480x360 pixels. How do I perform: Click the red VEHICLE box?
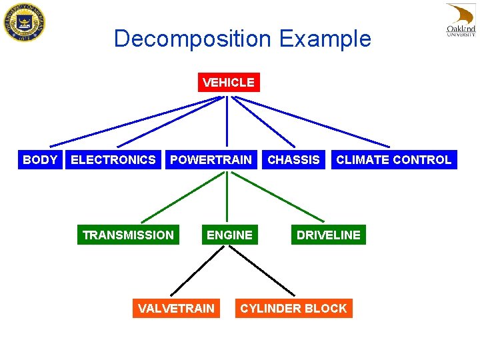point(229,83)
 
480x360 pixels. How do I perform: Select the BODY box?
point(40,160)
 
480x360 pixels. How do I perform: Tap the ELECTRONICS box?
point(113,160)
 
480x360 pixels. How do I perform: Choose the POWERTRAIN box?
point(211,160)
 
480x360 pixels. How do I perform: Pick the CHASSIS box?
point(293,160)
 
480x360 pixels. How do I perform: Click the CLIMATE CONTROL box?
point(393,160)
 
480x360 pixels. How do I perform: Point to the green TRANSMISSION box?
point(128,235)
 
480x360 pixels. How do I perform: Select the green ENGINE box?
point(229,235)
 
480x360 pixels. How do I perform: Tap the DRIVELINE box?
point(328,235)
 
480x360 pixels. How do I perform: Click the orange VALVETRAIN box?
point(176,308)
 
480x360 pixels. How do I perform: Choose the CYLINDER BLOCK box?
point(293,308)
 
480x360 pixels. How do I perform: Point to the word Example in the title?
point(325,39)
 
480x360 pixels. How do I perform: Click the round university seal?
point(24,23)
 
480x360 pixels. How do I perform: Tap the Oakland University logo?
point(461,21)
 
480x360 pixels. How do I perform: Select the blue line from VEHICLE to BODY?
point(133,121)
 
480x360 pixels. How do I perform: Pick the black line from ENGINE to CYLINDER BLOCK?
point(261,270)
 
